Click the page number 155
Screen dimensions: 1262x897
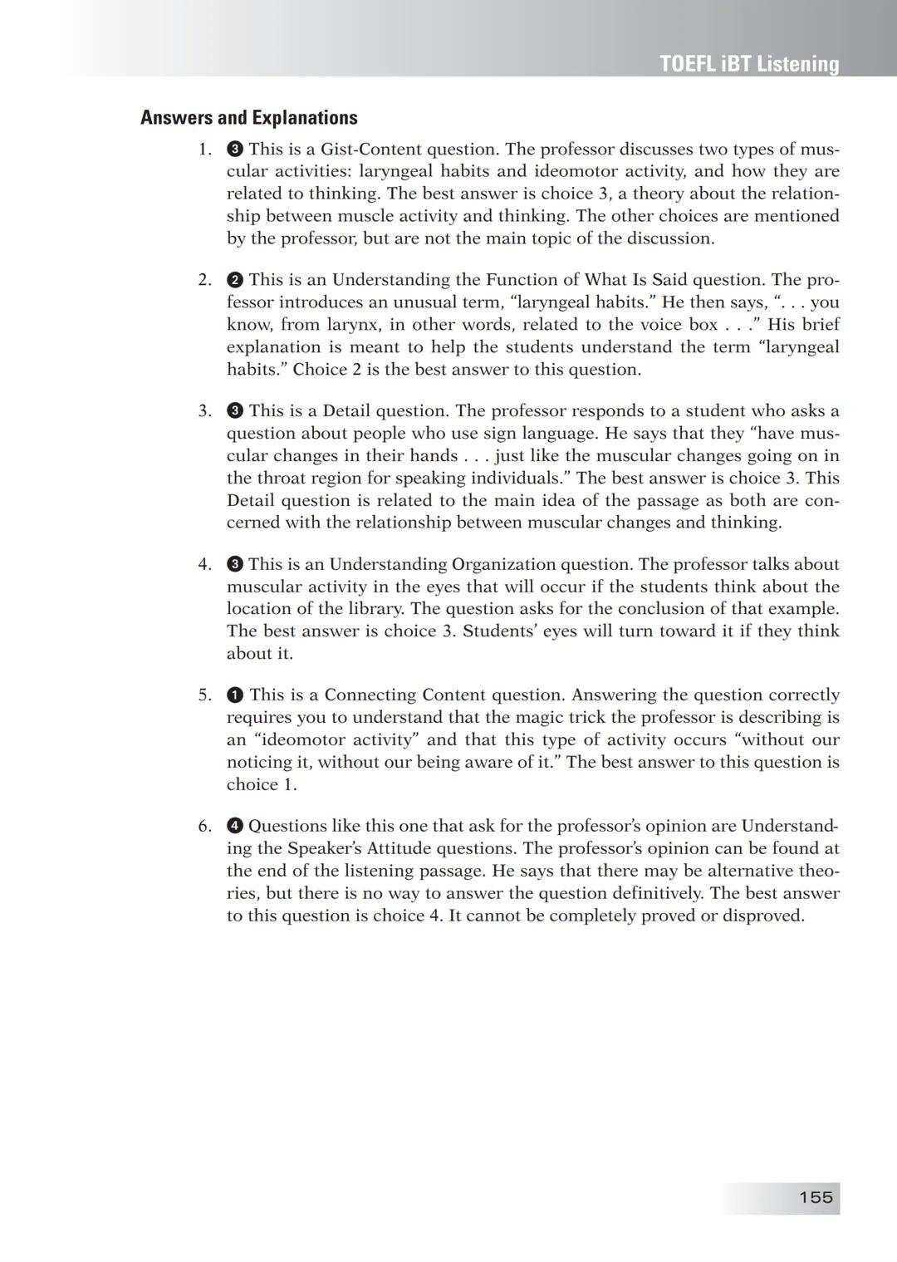tap(816, 1197)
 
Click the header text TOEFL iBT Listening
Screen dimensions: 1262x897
tap(749, 64)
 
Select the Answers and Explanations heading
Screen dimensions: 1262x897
tap(248, 117)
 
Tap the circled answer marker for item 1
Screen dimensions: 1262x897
tap(234, 150)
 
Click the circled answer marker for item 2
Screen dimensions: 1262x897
tap(234, 280)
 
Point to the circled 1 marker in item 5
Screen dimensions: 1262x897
tap(234, 695)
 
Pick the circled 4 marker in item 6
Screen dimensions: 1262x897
tap(234, 826)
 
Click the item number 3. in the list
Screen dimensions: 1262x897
tap(205, 410)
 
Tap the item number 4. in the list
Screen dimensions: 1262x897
tap(205, 564)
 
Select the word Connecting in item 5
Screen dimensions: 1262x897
tap(370, 695)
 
